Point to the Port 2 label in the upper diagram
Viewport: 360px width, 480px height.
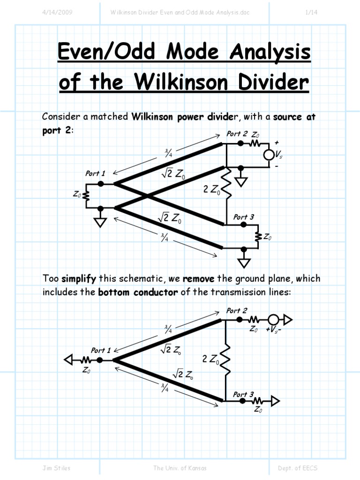[237, 134]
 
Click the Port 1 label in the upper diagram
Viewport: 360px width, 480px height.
[95, 173]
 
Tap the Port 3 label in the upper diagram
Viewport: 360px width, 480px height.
[244, 217]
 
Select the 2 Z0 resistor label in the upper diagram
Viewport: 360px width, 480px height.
[211, 190]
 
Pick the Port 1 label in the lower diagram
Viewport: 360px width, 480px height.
[101, 350]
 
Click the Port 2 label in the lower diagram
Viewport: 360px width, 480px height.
[237, 310]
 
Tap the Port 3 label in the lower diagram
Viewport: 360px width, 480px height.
[243, 395]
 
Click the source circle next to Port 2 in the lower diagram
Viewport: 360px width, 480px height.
[273, 320]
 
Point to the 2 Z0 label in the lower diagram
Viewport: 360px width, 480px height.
[211, 360]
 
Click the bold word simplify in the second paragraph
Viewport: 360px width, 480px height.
[79, 279]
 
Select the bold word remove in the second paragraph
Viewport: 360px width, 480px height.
[199, 279]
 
